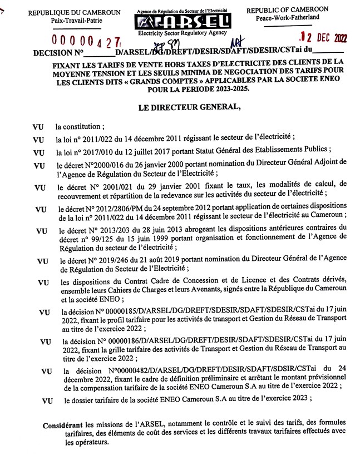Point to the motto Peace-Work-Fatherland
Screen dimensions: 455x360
point(287,18)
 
